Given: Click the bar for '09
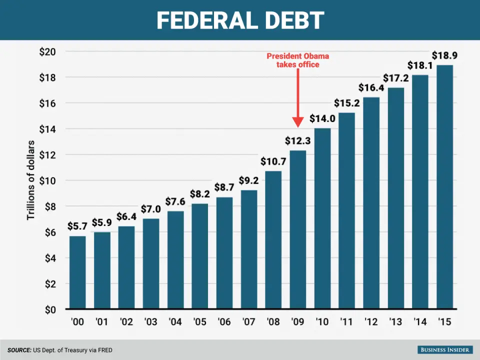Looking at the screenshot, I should tap(298, 230).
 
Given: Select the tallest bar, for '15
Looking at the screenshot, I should tap(445, 187).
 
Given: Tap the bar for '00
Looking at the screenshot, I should tap(77, 272).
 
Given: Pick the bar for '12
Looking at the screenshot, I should tap(371, 202).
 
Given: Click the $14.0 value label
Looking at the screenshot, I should tap(322, 119).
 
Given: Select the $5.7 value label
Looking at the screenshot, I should tap(77, 226).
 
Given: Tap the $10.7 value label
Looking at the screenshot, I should tap(273, 161).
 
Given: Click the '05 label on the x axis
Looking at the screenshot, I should tap(200, 322).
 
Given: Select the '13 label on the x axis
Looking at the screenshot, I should tap(396, 322).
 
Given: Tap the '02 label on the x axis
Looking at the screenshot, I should tap(126, 322).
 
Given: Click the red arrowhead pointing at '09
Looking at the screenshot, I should tap(298, 122).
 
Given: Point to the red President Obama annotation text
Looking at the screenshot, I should tap(298, 60).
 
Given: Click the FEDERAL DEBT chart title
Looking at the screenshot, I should tap(240, 20).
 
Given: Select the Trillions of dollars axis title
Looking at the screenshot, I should tap(31, 180).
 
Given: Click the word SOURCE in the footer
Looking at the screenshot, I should tap(18, 350).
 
